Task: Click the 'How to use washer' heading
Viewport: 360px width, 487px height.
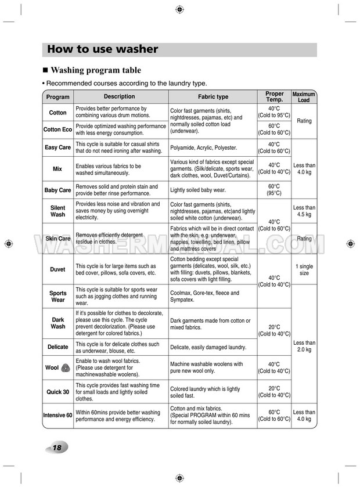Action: pos(102,49)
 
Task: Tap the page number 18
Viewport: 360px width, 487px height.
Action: pos(56,448)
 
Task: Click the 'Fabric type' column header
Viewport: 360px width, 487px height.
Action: pos(213,97)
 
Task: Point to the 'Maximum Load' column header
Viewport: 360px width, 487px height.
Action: pos(304,97)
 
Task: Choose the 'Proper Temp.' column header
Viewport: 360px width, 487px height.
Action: pos(275,97)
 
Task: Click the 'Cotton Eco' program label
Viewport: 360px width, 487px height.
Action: pos(58,129)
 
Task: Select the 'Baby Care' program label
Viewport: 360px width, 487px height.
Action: pos(58,190)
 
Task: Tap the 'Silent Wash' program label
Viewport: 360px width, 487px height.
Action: pos(58,211)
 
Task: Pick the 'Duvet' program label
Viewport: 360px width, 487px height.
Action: pos(58,269)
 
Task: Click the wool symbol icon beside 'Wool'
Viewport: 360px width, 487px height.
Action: pos(66,367)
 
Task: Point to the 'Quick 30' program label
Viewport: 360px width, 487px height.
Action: pos(58,392)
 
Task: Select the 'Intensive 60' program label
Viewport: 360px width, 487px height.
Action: pos(58,415)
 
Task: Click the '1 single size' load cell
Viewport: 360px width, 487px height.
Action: pos(304,269)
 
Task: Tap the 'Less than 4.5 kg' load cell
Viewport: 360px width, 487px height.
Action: pos(304,211)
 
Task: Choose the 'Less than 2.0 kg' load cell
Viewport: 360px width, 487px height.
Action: pos(304,347)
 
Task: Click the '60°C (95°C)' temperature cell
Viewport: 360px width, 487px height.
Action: pos(275,190)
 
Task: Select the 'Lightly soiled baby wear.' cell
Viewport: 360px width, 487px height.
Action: pos(197,190)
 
